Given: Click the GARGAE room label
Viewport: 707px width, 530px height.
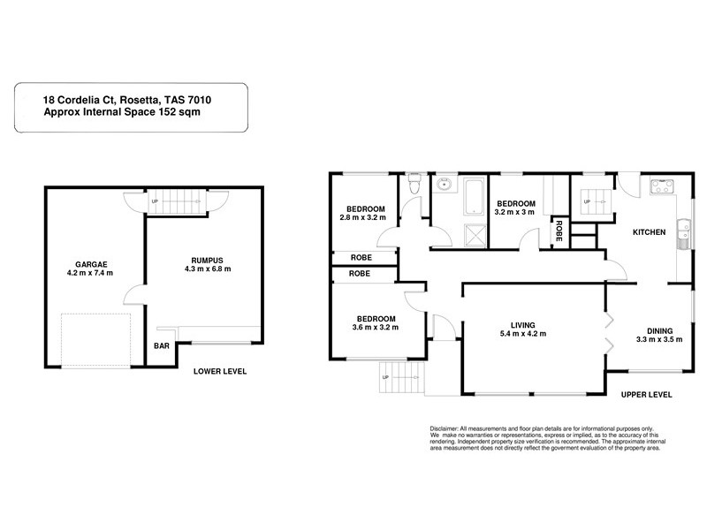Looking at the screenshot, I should [x=85, y=261].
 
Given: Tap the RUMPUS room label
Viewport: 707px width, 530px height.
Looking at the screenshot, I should [x=208, y=261].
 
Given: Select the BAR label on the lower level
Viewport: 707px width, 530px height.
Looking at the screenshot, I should [x=162, y=346].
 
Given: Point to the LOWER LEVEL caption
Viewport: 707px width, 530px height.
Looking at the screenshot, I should [x=220, y=371].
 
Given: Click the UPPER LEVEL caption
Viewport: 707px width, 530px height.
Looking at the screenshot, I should [x=646, y=394].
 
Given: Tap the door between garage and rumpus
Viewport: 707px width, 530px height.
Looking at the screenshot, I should [x=134, y=296].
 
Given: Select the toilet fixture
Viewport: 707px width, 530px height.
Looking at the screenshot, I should [x=414, y=184].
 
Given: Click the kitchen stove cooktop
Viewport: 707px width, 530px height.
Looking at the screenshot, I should [x=661, y=186].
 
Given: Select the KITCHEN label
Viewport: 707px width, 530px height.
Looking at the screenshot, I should [x=648, y=232].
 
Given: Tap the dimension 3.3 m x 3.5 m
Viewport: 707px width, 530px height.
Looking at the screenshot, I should [x=659, y=338].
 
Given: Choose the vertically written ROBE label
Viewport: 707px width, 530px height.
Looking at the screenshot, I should [x=559, y=232].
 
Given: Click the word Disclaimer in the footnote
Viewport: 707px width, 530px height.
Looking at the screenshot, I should [x=445, y=427].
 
